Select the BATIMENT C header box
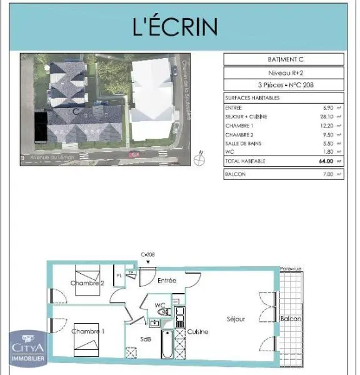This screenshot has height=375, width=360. [x=284, y=60]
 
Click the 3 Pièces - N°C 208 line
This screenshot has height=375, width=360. [x=284, y=86]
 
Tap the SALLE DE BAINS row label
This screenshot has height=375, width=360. [x=241, y=143]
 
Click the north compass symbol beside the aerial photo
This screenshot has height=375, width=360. [x=200, y=159]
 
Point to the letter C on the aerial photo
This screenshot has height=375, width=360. [x=75, y=111]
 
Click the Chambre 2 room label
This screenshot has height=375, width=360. [x=87, y=283]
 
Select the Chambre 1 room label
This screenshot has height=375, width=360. [x=88, y=331]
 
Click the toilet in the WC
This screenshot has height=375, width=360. [x=163, y=312]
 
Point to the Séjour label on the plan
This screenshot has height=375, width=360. [x=236, y=319]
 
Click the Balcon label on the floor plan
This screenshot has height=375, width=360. [x=291, y=319]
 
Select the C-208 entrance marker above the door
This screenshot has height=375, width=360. [x=147, y=255]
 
